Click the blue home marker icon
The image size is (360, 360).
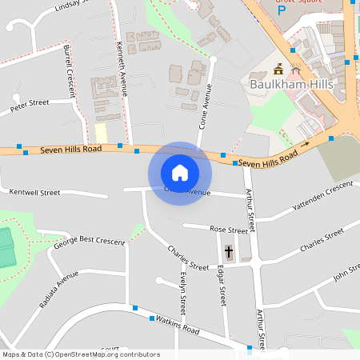pyautogui.click(x=180, y=172)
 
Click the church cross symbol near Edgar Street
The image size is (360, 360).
pyautogui.click(x=228, y=253)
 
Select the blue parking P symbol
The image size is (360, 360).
pyautogui.click(x=281, y=14)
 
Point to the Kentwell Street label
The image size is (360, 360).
pyautogui.click(x=34, y=193)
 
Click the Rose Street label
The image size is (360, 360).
pyautogui.click(x=229, y=230)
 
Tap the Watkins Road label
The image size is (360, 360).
pyautogui.click(x=178, y=324)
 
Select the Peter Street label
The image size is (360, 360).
pyautogui.click(x=30, y=105)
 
